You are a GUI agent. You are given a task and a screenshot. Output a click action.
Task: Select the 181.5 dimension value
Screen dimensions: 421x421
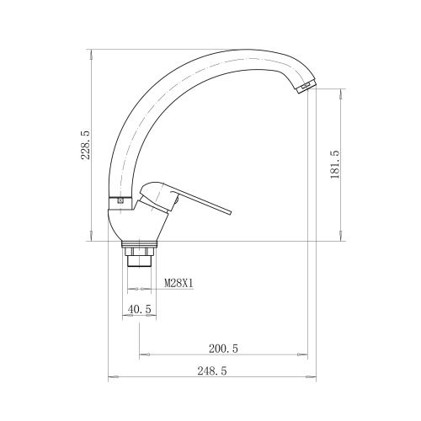335,164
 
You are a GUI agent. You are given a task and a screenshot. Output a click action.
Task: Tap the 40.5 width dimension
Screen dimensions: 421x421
140,310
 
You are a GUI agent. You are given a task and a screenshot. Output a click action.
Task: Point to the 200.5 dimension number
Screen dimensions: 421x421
223,348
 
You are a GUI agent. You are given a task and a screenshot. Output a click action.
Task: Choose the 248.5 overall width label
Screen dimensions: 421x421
212,370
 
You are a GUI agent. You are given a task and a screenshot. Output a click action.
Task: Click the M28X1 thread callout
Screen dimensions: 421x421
178,283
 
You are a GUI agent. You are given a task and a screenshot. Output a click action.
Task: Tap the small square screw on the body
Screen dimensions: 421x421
120,201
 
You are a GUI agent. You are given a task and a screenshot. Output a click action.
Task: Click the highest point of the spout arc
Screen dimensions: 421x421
227,51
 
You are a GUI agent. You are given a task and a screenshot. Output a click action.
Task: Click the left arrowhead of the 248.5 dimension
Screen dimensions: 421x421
110,377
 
